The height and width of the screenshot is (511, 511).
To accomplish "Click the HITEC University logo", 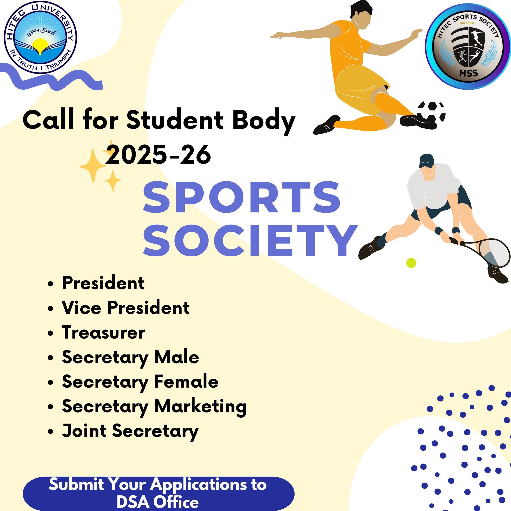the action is tap(40, 37).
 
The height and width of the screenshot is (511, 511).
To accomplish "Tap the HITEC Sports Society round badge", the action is tap(468, 46).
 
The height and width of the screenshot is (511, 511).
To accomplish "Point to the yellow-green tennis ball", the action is tap(411, 263).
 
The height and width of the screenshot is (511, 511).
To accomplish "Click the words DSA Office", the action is tap(158, 502).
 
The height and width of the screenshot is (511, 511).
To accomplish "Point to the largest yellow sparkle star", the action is tap(93, 166).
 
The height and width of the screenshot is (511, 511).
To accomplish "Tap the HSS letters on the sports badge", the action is tap(468, 73).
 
